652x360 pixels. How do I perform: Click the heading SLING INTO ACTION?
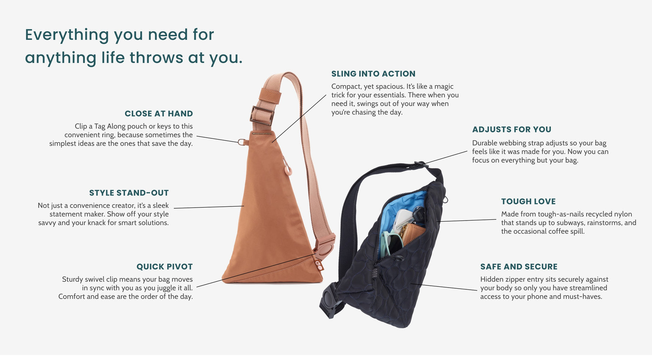coord(373,74)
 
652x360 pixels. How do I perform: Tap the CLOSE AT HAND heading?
coord(159,114)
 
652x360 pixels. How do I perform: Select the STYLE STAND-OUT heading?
coord(129,193)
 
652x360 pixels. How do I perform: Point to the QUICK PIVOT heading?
coord(164,267)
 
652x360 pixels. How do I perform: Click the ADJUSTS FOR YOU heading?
coord(511,130)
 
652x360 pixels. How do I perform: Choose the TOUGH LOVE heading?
coord(528,202)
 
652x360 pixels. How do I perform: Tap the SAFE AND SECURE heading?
coord(519,267)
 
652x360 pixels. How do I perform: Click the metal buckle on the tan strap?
coord(262,115)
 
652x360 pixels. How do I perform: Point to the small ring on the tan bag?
coord(243,142)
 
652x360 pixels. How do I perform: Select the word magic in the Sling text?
coord(444,87)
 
